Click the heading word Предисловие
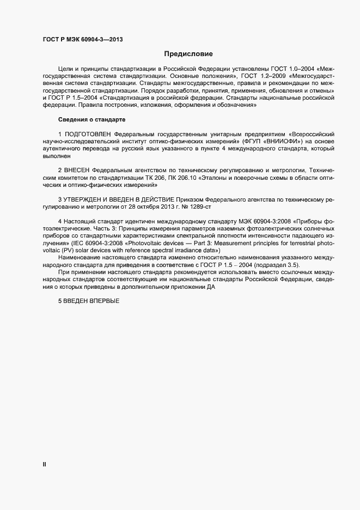point(188,54)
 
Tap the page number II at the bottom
point(45,464)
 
